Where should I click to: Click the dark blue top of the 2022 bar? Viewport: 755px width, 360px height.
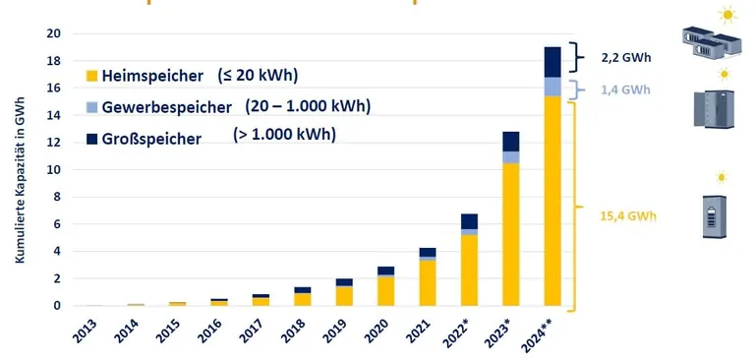pos(469,221)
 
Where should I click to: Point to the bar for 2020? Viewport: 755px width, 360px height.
pos(385,285)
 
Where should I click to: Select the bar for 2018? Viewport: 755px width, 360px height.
pos(303,296)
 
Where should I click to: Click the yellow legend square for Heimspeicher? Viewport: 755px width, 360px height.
pos(92,76)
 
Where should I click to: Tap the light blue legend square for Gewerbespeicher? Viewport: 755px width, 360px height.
pos(92,106)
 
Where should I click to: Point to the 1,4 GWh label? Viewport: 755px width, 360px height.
pos(625,90)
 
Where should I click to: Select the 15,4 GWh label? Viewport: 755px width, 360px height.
pos(627,214)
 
